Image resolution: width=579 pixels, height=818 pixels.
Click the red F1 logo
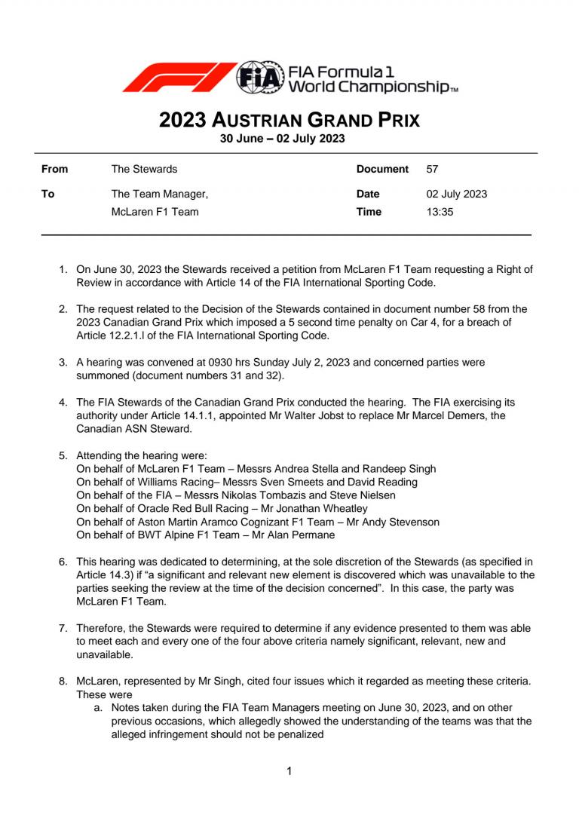pos(179,77)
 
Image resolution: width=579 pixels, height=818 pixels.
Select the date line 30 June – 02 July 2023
pos(282,138)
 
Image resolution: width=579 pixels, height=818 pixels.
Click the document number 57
pos(433,169)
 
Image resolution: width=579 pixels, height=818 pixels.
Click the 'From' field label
pos(54,169)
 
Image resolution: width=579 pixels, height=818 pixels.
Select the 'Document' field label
pos(382,169)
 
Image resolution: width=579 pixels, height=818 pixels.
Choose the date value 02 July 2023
pos(456,194)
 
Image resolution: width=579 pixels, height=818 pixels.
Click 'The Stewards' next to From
pos(144,169)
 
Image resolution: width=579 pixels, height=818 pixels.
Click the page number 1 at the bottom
pos(289,771)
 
